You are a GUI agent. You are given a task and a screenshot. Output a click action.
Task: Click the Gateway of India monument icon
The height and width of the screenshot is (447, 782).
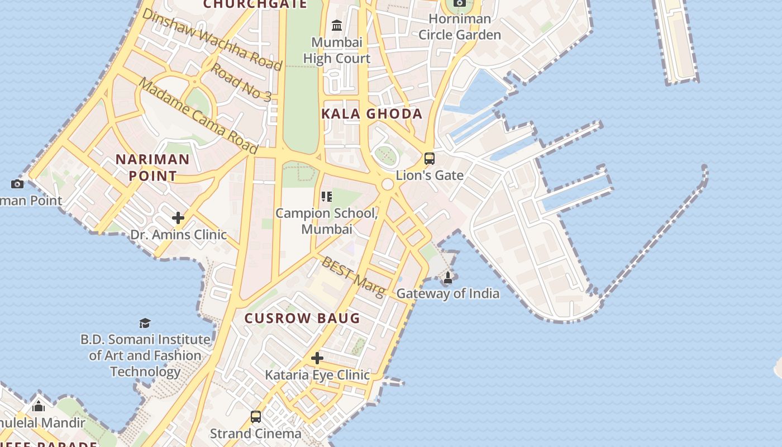click(448, 277)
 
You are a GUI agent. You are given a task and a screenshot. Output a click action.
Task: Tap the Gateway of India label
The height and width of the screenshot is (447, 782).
click(448, 293)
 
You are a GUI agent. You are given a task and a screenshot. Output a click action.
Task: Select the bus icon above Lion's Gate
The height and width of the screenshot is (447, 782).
click(429, 159)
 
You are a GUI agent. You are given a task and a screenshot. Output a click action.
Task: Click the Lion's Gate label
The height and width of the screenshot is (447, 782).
click(430, 175)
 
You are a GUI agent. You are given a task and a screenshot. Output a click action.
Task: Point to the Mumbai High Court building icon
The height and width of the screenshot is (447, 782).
click(337, 26)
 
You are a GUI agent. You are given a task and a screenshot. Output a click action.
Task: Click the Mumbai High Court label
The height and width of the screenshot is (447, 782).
click(337, 50)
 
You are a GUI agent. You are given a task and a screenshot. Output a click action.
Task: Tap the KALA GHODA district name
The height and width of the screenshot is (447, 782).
click(372, 114)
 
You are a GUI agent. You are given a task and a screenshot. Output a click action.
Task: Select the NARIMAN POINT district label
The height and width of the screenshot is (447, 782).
click(152, 167)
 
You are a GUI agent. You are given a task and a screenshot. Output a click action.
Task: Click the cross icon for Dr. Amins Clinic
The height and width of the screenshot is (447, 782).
click(178, 218)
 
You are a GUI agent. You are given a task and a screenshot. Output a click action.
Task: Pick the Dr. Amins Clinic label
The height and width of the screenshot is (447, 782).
click(179, 235)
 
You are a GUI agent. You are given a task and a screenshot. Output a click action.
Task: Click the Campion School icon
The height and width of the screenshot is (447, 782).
click(327, 197)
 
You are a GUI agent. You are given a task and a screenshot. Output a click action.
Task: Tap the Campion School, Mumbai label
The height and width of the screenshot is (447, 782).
click(327, 221)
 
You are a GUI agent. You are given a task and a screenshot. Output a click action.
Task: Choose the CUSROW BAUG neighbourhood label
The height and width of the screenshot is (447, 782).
click(302, 318)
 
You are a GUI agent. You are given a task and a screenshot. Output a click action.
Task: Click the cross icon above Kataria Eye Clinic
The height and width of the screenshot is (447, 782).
click(317, 358)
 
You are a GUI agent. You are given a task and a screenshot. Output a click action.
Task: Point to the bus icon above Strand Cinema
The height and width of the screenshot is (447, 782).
click(256, 417)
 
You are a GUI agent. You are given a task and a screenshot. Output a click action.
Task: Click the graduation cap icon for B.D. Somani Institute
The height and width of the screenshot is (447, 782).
click(145, 323)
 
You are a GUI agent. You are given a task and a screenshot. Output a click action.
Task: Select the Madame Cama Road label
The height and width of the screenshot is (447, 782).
click(198, 116)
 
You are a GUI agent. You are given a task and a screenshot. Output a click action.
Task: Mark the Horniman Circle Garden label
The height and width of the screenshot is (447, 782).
click(460, 27)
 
